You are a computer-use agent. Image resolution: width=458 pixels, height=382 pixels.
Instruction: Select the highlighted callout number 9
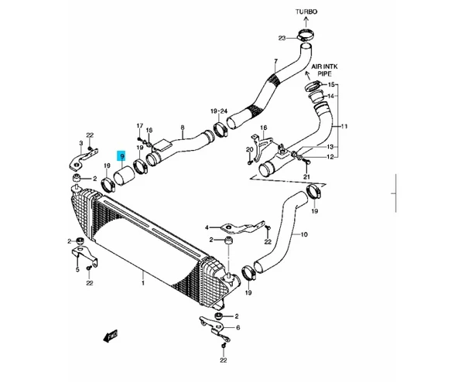pyautogui.click(x=121, y=157)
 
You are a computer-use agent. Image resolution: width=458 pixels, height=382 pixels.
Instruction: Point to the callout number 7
pyautogui.click(x=274, y=62)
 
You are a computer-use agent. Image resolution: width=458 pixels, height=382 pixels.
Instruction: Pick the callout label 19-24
pyautogui.click(x=218, y=113)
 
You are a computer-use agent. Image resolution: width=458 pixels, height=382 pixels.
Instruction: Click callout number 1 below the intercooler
pyautogui.click(x=143, y=285)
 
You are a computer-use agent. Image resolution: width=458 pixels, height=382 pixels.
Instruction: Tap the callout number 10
pyautogui.click(x=304, y=234)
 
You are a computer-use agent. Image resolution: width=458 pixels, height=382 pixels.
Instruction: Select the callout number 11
pyautogui.click(x=344, y=127)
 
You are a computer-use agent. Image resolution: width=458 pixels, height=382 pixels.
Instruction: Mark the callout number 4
pyautogui.click(x=207, y=228)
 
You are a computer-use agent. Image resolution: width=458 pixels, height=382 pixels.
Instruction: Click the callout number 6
pyautogui.click(x=238, y=328)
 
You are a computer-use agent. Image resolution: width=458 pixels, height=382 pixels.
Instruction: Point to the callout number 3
pyautogui.click(x=80, y=145)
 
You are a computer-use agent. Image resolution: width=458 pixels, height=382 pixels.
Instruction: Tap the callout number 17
pyautogui.click(x=140, y=126)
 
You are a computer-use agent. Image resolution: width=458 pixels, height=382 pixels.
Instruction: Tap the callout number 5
pyautogui.click(x=77, y=270)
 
